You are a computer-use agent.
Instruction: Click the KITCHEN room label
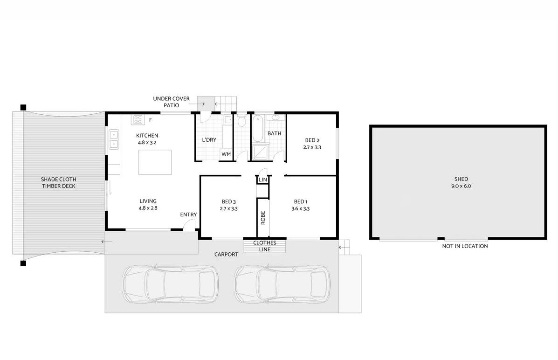tap(147, 135)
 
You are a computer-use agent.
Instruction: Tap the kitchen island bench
tap(155, 162)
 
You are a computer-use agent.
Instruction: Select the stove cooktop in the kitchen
tap(138, 119)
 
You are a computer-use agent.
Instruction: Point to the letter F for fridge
tap(151, 120)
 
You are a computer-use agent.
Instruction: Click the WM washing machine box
tap(226, 154)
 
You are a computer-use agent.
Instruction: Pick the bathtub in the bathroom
tap(258, 129)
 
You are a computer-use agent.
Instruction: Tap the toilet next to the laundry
tap(241, 121)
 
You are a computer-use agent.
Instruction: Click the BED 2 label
tap(312, 140)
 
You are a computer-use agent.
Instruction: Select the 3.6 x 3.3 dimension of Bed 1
tap(300, 208)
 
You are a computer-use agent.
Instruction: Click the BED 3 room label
tap(228, 202)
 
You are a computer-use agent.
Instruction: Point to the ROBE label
tap(263, 218)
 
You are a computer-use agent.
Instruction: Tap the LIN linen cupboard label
tap(262, 180)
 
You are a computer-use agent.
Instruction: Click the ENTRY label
tap(188, 215)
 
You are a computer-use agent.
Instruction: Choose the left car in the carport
tap(171, 284)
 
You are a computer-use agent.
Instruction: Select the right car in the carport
tap(282, 284)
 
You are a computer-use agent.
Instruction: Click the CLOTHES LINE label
tap(264, 246)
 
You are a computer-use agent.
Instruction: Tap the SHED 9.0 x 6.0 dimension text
tap(461, 186)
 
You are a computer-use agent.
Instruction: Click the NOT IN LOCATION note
tap(465, 246)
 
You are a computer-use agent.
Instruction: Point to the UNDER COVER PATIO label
tap(171, 102)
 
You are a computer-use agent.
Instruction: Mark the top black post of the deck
tap(23, 107)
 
